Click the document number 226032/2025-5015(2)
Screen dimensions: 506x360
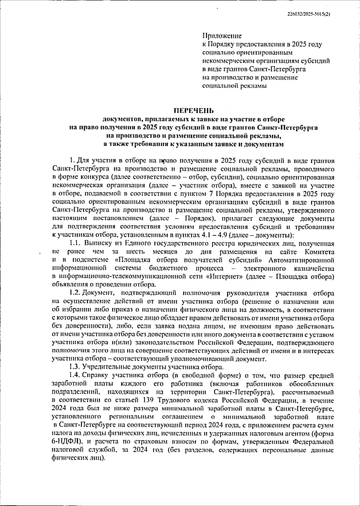point(309,13)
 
